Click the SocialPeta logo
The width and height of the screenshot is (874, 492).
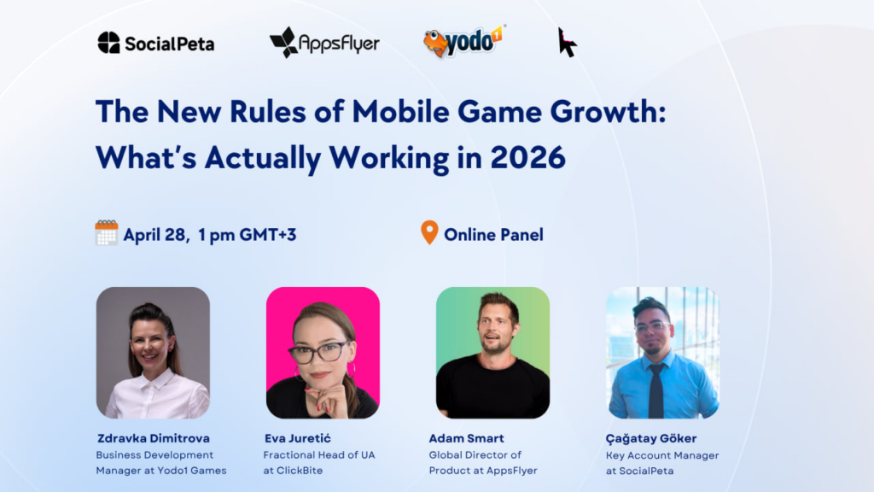pos(156,43)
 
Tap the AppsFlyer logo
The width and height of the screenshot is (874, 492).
pos(324,43)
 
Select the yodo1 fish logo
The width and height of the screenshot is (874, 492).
pos(464,41)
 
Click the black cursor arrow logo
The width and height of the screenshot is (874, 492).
pos(567,43)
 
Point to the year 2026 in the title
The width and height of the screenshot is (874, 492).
pos(527,157)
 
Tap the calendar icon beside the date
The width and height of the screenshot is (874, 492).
pos(107,232)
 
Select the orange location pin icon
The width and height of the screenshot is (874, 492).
pos(429,232)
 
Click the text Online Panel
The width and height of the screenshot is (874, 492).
pos(493,235)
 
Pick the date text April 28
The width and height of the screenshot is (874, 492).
pos(155,235)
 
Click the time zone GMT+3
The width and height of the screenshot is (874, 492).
pos(267,235)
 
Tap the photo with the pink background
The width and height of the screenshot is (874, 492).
pos(323,353)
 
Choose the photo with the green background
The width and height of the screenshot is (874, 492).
pos(492,353)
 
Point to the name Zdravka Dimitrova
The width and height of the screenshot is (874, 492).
pos(154,438)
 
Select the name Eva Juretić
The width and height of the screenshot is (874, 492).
pos(298,438)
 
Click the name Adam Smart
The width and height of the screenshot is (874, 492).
pos(466,438)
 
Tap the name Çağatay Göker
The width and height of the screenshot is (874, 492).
pos(651,438)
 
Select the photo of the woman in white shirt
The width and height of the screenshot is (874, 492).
pos(153,353)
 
